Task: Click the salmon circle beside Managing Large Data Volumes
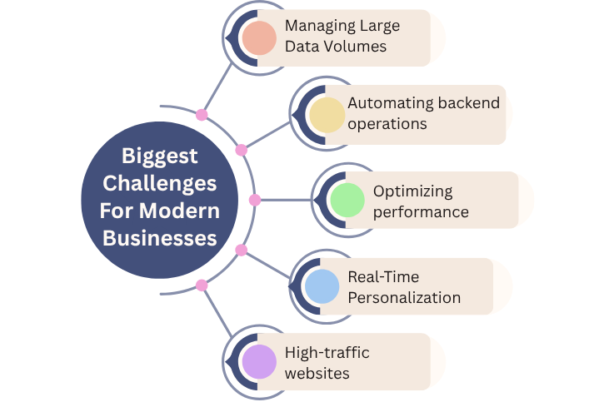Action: click(x=259, y=37)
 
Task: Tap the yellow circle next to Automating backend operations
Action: click(x=326, y=115)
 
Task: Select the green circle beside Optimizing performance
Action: click(x=347, y=201)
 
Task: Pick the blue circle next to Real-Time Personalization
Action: click(x=321, y=286)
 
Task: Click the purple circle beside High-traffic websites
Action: click(x=259, y=362)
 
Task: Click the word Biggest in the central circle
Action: click(x=160, y=156)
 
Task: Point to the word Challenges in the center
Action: click(x=160, y=183)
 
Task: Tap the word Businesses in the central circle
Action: click(x=159, y=238)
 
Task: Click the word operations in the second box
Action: click(x=387, y=124)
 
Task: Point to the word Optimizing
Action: click(x=413, y=191)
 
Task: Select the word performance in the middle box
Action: click(x=421, y=211)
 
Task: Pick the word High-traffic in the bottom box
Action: click(x=327, y=352)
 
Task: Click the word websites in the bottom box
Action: click(x=317, y=373)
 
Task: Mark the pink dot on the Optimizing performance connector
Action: click(x=255, y=200)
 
